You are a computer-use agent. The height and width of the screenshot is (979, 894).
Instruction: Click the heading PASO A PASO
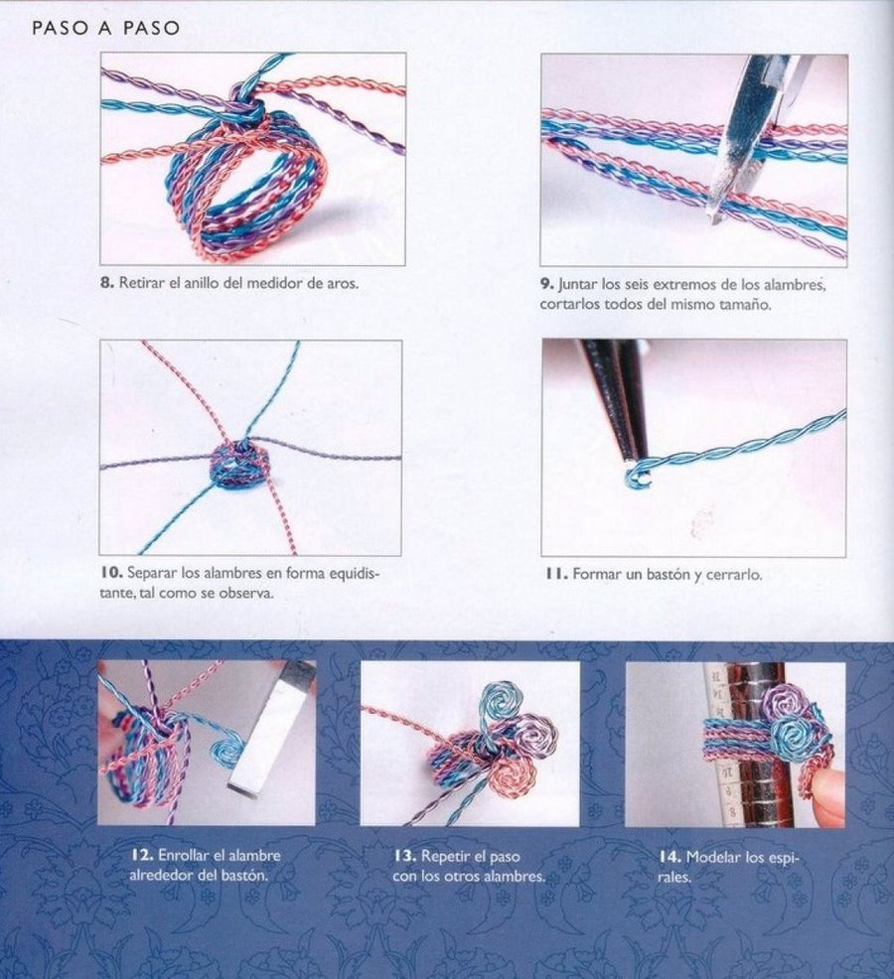click(106, 29)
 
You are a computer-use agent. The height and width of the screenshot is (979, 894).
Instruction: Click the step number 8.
click(105, 283)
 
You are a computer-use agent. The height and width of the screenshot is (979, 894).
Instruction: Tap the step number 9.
click(545, 285)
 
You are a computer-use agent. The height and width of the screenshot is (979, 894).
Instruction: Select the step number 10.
click(109, 574)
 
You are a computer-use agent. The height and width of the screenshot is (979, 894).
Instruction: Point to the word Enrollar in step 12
click(186, 855)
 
